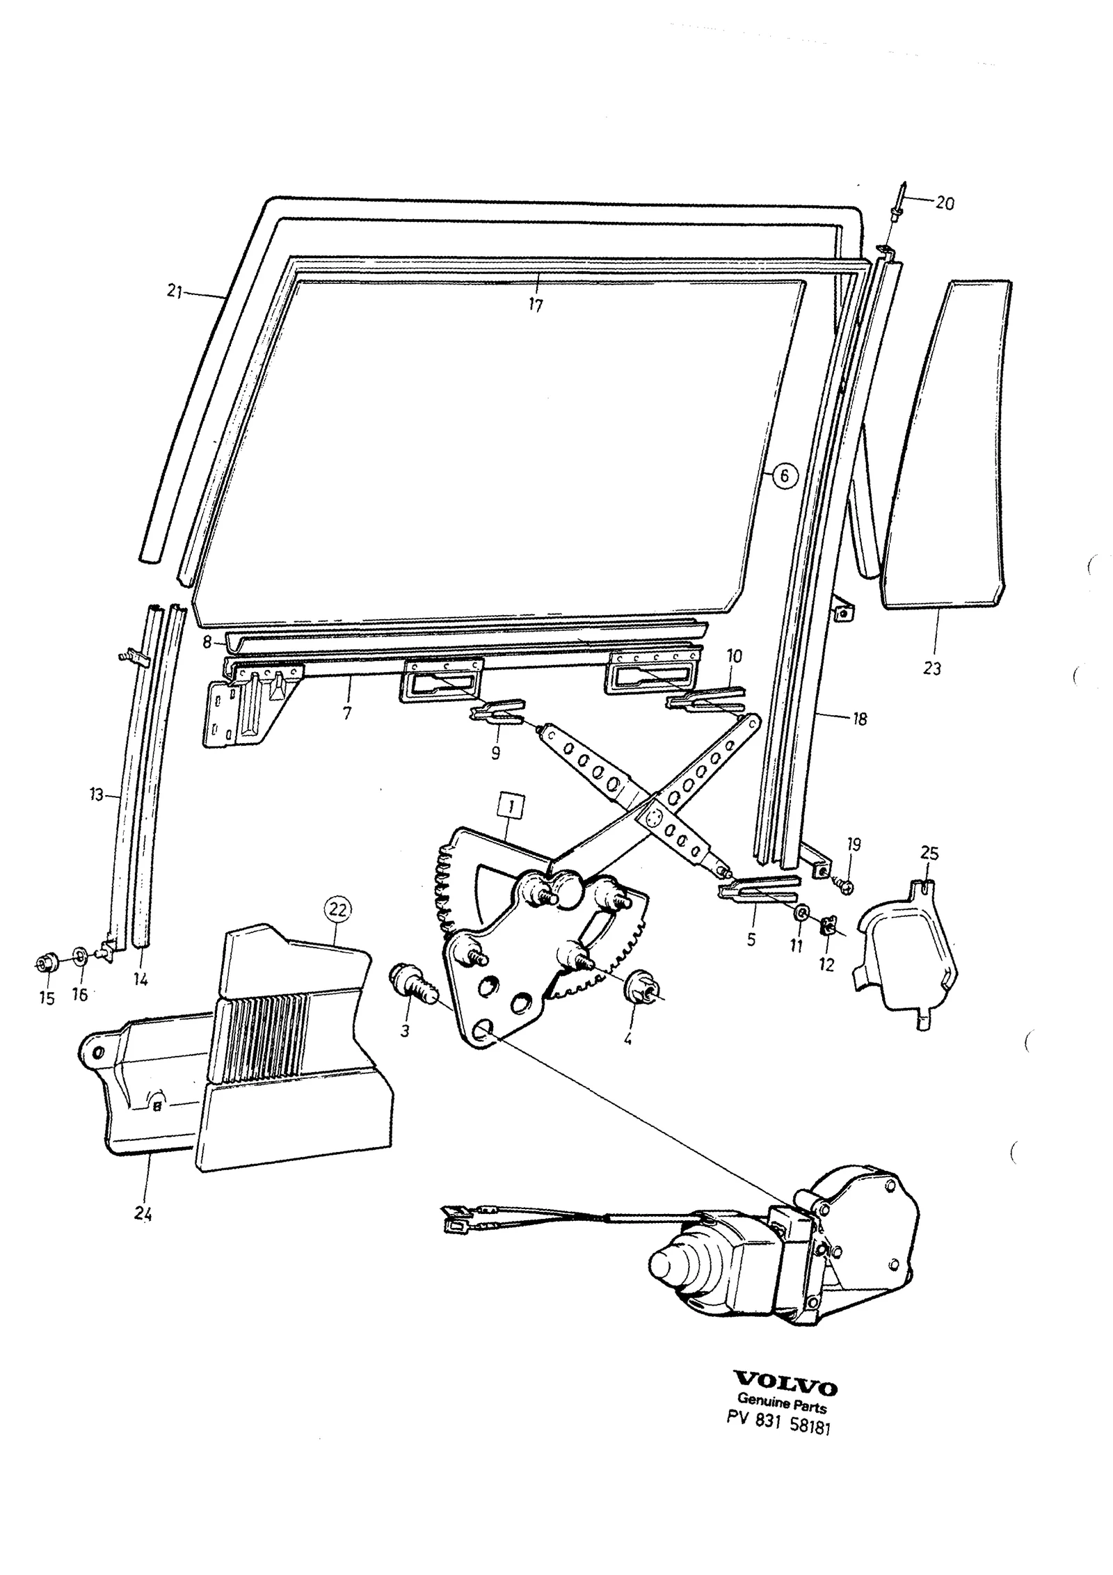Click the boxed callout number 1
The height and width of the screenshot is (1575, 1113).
click(511, 807)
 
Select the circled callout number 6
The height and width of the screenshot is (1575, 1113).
click(784, 476)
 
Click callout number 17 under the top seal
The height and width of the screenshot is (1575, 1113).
click(535, 305)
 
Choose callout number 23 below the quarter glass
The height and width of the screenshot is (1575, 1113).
click(931, 669)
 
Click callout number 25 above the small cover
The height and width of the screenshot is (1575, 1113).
click(929, 853)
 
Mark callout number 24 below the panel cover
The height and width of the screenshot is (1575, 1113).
click(143, 1214)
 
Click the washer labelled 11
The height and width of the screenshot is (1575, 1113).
click(801, 913)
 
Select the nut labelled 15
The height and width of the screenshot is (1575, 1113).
click(47, 963)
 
